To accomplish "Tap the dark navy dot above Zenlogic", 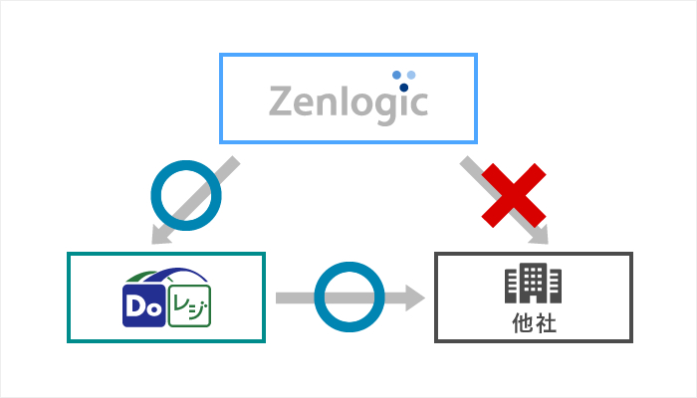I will [x=403, y=87].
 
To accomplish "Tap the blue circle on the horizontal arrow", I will [x=349, y=298].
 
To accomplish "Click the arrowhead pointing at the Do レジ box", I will [x=160, y=236].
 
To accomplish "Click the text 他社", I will [x=533, y=323].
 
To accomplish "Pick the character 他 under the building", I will [x=522, y=323].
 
